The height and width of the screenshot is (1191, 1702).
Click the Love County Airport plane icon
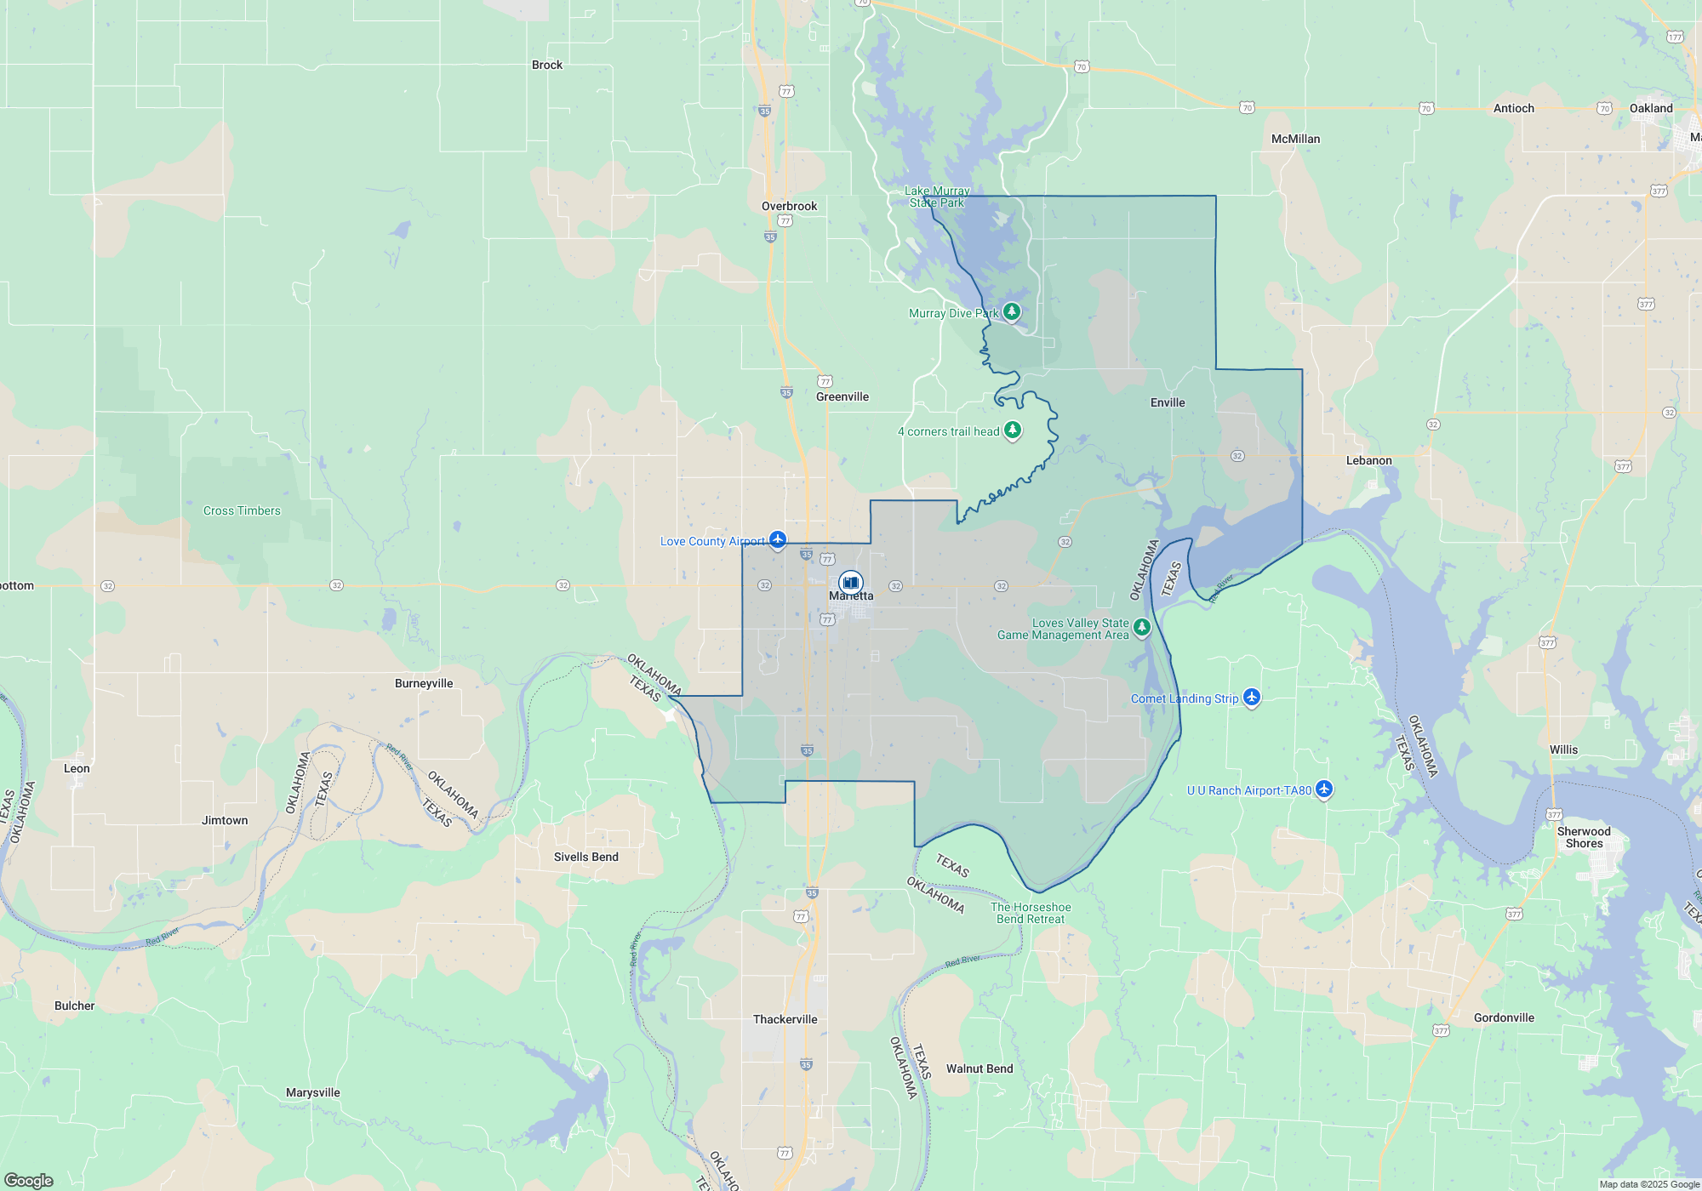777,540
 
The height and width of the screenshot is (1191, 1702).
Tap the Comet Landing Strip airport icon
1251,698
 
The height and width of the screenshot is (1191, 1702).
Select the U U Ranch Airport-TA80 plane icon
1323,789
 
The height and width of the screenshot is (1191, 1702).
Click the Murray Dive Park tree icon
1011,312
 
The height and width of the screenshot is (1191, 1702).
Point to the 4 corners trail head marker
1012,430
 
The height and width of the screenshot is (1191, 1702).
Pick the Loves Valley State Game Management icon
1142,628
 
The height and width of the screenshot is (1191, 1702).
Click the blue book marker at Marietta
850,583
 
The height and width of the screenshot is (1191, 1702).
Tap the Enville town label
1168,402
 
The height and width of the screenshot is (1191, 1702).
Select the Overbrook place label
789,206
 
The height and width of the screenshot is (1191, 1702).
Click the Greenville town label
842,396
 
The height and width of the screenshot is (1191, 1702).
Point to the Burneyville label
424,683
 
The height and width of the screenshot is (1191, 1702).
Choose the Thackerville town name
785,1019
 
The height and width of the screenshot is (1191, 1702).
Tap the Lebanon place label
1368,460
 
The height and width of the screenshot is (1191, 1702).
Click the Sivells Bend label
586,857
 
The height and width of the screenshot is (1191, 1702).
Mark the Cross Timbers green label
242,510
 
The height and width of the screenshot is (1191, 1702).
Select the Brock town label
547,65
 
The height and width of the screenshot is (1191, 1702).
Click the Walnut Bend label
980,1068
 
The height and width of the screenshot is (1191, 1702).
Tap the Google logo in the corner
29,1181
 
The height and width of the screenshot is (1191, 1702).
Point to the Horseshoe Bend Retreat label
1031,913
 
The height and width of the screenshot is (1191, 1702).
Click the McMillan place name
1295,139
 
